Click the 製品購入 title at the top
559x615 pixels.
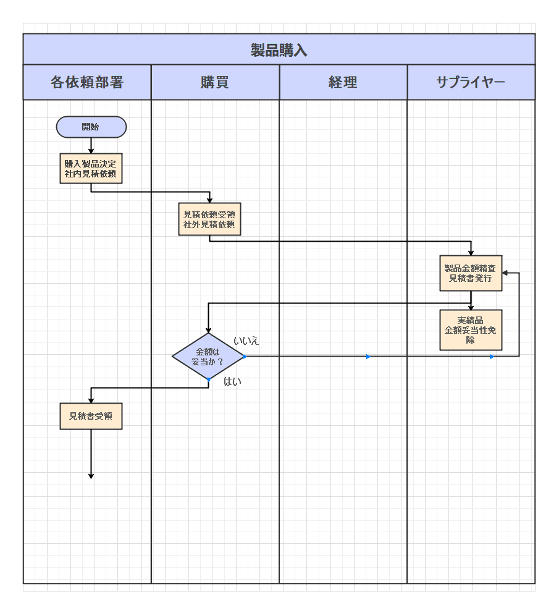pyautogui.click(x=279, y=50)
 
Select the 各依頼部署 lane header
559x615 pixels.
pyautogui.click(x=87, y=82)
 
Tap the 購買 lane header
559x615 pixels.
pyautogui.click(x=215, y=82)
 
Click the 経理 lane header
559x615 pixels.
pyautogui.click(x=343, y=82)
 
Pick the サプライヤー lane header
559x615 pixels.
pyautogui.click(x=471, y=82)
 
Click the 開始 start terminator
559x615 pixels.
pyautogui.click(x=91, y=127)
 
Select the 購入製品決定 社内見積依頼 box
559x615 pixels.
pyautogui.click(x=91, y=169)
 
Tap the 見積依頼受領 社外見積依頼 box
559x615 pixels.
pyautogui.click(x=209, y=219)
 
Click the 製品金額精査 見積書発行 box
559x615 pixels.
pyautogui.click(x=471, y=273)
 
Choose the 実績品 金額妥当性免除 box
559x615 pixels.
pyautogui.click(x=471, y=330)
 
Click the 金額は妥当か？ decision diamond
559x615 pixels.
pyautogui.click(x=208, y=357)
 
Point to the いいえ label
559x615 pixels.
pyautogui.click(x=246, y=341)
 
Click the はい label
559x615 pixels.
pyautogui.click(x=232, y=381)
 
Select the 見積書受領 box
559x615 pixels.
pyautogui.click(x=91, y=416)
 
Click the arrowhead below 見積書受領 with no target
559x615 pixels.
pyautogui.click(x=91, y=476)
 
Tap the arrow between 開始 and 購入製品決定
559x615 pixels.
pyautogui.click(x=91, y=146)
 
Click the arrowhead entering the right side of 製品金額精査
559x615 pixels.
pyautogui.click(x=505, y=273)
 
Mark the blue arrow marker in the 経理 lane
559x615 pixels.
pyautogui.click(x=369, y=357)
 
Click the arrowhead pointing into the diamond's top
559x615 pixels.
pyautogui.click(x=208, y=330)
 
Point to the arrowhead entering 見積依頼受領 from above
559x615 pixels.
pyautogui.click(x=209, y=200)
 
